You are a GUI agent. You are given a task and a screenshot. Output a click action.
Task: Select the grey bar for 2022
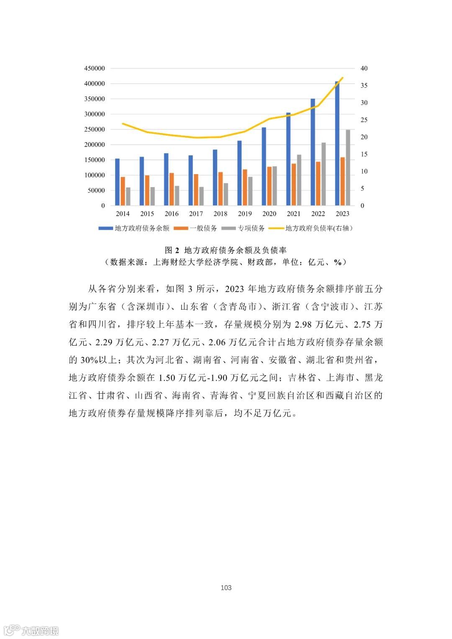tap(324, 174)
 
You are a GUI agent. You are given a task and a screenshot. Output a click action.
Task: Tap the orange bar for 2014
tap(123, 191)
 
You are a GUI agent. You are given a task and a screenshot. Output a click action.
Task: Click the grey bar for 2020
tap(275, 186)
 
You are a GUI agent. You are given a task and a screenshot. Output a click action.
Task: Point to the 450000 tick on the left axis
tap(95, 68)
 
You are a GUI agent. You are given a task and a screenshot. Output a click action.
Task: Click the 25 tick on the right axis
tap(364, 120)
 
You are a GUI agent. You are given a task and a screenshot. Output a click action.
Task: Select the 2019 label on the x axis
tap(245, 214)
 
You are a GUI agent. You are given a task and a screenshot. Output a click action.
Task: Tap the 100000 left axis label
tap(95, 175)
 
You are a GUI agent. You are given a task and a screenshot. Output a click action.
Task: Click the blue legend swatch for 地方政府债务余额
tap(105, 228)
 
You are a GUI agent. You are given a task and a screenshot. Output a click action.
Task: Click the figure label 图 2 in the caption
tap(172, 250)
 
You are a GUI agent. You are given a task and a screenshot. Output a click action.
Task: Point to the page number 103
tap(226, 588)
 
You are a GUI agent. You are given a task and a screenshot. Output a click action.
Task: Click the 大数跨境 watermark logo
tap(31, 630)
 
